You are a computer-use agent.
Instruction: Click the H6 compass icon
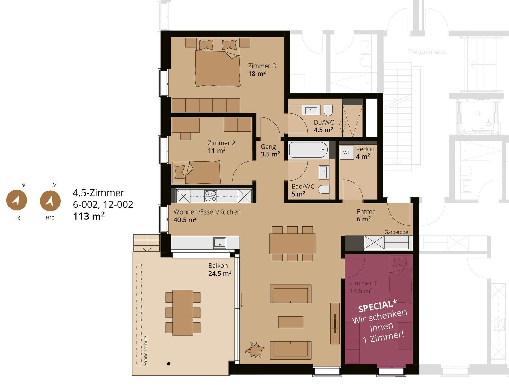(x=17, y=200)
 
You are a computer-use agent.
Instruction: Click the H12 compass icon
(x=50, y=201)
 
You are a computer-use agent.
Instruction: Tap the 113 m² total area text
(x=89, y=216)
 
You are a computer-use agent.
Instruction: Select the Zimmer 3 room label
(x=262, y=66)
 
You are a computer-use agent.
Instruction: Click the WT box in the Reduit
(x=347, y=152)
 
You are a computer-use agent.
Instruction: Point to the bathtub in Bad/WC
(x=308, y=150)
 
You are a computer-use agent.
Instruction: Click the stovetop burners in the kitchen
(x=211, y=196)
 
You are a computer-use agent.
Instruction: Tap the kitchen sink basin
(x=220, y=243)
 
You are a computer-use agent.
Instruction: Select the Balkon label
(x=218, y=266)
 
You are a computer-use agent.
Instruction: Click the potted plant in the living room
(x=255, y=350)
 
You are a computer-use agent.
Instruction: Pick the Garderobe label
(x=396, y=232)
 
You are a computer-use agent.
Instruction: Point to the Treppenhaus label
(x=427, y=52)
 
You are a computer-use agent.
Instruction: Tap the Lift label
(x=476, y=114)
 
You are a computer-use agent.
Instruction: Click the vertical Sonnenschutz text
(x=145, y=351)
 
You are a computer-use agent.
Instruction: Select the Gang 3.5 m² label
(x=270, y=150)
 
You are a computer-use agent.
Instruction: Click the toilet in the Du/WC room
(x=328, y=110)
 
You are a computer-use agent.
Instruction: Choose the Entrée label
(x=366, y=212)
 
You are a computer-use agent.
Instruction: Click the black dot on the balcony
(x=169, y=364)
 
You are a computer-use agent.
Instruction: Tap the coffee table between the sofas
(x=290, y=322)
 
